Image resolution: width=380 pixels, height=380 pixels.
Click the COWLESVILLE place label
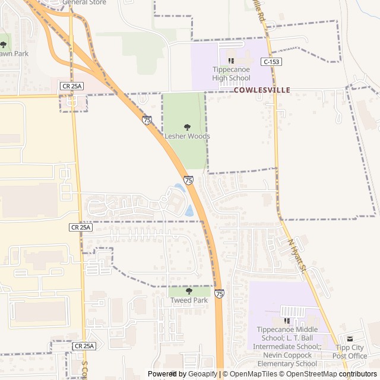pyautogui.click(x=262, y=90)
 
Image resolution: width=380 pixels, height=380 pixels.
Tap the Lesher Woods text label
pyautogui.click(x=187, y=136)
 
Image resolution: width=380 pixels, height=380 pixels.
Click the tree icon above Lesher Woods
pyautogui.click(x=187, y=127)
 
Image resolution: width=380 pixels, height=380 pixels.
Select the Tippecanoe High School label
pyautogui.click(x=232, y=74)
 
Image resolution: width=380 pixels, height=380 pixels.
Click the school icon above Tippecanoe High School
pyautogui.click(x=232, y=61)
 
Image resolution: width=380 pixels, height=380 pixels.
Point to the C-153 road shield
pyautogui.click(x=270, y=62)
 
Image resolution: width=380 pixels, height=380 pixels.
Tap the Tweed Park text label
pyautogui.click(x=189, y=300)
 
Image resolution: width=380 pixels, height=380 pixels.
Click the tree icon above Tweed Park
pyautogui.click(x=189, y=292)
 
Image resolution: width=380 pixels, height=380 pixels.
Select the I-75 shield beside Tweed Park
pyautogui.click(x=220, y=293)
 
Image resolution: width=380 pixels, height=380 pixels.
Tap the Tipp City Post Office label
pyautogui.click(x=350, y=351)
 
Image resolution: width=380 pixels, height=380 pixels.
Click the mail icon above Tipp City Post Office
pyautogui.click(x=350, y=338)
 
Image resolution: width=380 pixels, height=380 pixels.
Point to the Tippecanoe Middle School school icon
pyautogui.click(x=287, y=321)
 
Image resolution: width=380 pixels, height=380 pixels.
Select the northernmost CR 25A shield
pyautogui.click(x=72, y=86)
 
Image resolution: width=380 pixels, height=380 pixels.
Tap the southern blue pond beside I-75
pyautogui.click(x=189, y=210)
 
